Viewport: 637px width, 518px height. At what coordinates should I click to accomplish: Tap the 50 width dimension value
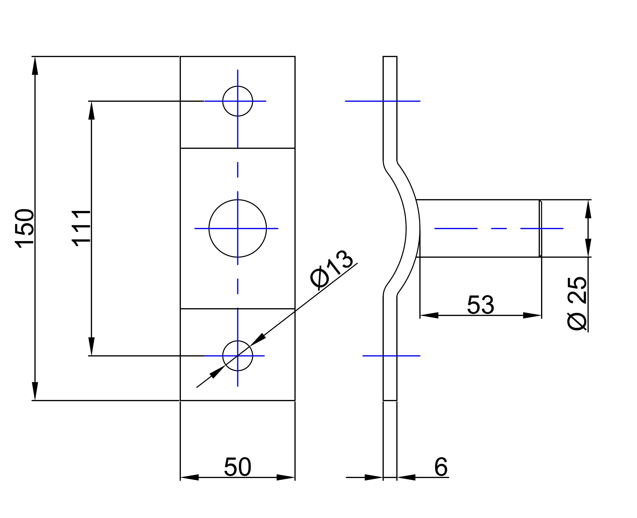(237, 467)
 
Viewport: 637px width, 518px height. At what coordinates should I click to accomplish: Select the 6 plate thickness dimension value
(441, 467)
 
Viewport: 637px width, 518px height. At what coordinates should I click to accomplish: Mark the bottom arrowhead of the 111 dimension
(91, 346)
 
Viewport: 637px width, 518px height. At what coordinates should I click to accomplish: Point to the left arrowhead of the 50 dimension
(189, 477)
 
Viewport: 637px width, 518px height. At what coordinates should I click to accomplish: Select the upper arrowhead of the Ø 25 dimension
(588, 209)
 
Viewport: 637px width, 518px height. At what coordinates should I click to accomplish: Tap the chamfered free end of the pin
(540, 228)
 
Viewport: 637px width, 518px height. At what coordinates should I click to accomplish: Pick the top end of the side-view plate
(390, 56)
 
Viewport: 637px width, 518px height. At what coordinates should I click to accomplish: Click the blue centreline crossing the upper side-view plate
(383, 101)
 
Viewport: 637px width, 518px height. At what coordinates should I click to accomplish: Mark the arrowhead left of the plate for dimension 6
(374, 477)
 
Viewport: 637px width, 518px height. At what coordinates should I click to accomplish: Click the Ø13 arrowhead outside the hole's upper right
(257, 340)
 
